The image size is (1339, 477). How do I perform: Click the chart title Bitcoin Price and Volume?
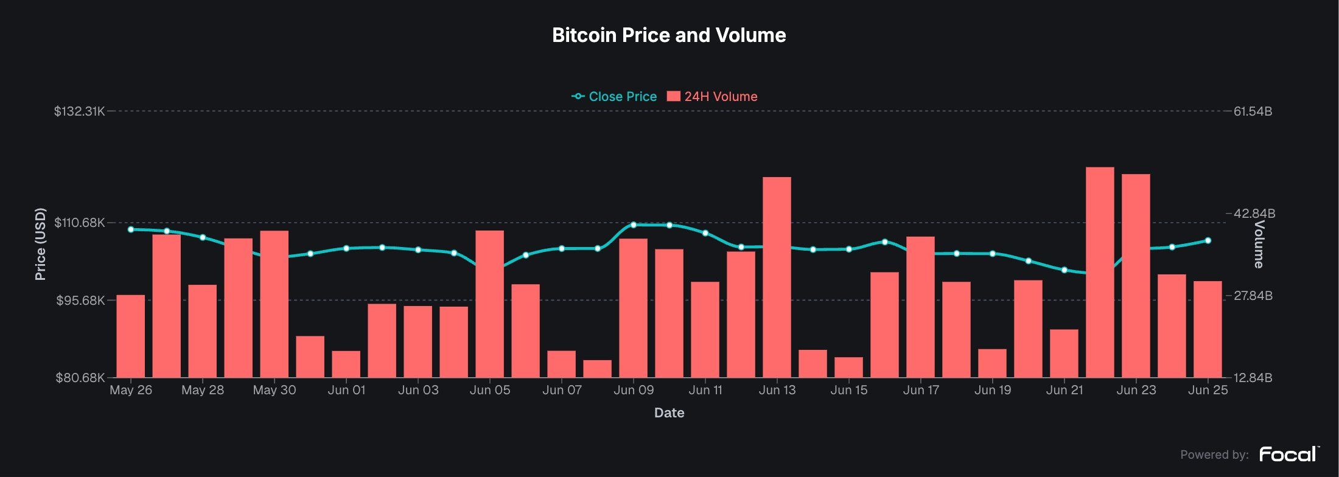tap(669, 35)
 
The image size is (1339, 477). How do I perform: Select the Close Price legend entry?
tap(615, 97)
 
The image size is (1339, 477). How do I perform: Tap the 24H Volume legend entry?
tap(713, 97)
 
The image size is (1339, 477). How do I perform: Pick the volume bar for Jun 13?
tap(777, 277)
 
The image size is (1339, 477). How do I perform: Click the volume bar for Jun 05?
tap(489, 304)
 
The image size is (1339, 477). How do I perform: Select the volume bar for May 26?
tap(131, 336)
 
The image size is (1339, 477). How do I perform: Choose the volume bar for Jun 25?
tap(1208, 329)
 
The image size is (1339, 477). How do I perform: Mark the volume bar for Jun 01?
tap(346, 364)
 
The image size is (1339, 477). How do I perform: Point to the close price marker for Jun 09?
tap(634, 225)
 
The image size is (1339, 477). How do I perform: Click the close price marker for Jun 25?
tap(1208, 241)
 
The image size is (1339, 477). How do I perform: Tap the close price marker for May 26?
tap(131, 229)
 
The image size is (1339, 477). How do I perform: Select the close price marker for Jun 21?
tap(1065, 270)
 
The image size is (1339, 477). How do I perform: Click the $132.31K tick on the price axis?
tap(79, 111)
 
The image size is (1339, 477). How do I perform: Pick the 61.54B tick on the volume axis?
tap(1253, 111)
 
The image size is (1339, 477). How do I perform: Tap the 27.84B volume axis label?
tap(1253, 296)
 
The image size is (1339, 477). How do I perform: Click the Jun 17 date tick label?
tap(921, 390)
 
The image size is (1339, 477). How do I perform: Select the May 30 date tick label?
tap(274, 390)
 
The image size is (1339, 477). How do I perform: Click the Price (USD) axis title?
tap(41, 244)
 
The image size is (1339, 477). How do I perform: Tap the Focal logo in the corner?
tap(1288, 454)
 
